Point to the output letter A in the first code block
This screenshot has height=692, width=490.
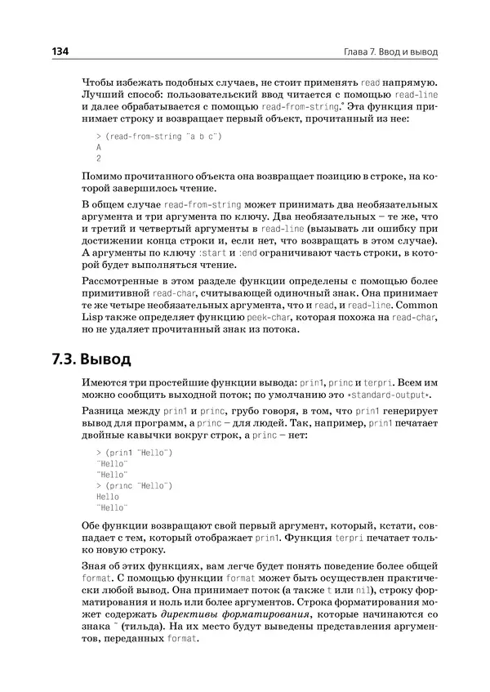point(99,147)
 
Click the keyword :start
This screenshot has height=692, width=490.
point(212,254)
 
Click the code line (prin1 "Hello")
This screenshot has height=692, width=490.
point(135,452)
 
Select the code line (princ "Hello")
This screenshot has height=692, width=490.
point(135,485)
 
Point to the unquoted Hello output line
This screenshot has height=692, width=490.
point(108,496)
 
